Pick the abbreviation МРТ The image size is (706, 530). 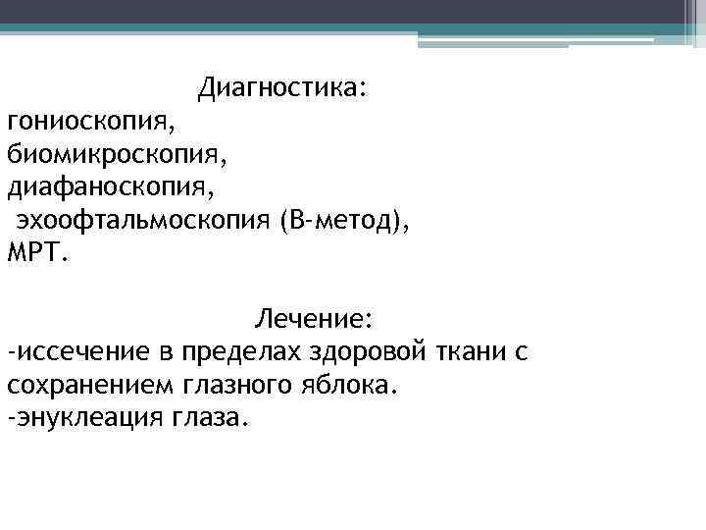[x=37, y=252]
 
